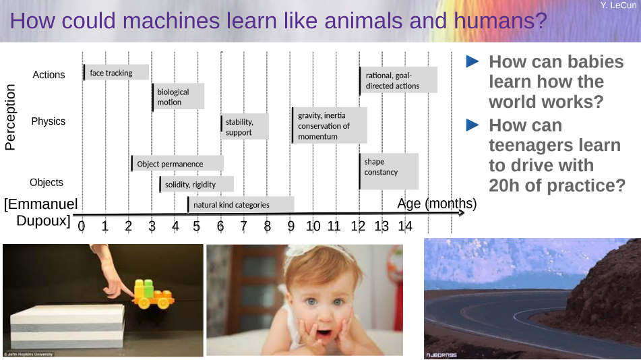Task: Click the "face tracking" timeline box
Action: tap(116, 72)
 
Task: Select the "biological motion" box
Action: tap(178, 97)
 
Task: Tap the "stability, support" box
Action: tap(245, 127)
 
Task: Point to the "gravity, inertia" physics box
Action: tap(330, 125)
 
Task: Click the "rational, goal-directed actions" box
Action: tap(398, 80)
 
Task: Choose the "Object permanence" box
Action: tap(177, 163)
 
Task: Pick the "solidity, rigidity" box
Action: tap(197, 184)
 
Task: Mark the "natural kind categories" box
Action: tap(241, 204)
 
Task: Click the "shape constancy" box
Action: tap(389, 171)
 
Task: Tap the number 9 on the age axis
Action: tap(291, 227)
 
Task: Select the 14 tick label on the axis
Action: tap(405, 227)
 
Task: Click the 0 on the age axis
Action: tap(82, 227)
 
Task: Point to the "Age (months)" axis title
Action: tap(437, 204)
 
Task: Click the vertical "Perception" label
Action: tap(10, 117)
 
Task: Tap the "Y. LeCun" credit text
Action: tap(618, 5)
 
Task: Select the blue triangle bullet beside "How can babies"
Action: tap(472, 61)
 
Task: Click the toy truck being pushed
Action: tap(153, 294)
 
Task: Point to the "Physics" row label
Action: tap(49, 121)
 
